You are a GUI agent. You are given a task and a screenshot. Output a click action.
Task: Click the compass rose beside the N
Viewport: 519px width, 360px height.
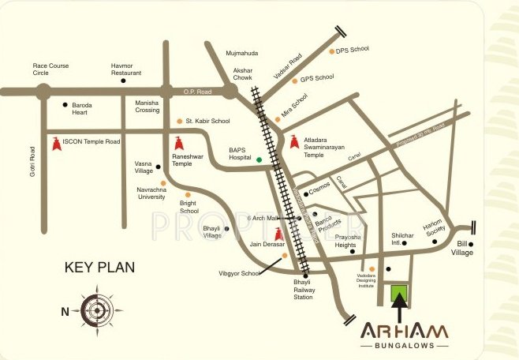coord(95,309)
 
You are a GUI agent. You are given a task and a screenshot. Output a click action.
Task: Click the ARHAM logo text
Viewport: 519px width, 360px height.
coord(404,330)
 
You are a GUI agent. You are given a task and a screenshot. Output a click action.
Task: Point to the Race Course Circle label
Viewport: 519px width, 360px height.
coord(51,69)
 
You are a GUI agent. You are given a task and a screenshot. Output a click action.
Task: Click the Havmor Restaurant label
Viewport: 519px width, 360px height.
coord(126,69)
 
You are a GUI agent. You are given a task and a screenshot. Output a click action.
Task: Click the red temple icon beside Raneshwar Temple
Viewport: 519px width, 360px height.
coord(179,144)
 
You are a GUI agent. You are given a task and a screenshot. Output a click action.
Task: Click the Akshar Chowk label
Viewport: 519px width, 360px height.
coord(242,75)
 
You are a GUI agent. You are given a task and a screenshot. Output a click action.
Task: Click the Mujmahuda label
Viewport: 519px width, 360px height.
coord(242,53)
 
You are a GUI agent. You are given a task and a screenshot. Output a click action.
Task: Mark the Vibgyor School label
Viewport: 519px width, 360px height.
coord(240,273)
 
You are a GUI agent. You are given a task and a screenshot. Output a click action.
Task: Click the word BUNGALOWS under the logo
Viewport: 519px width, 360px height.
coord(404,346)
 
